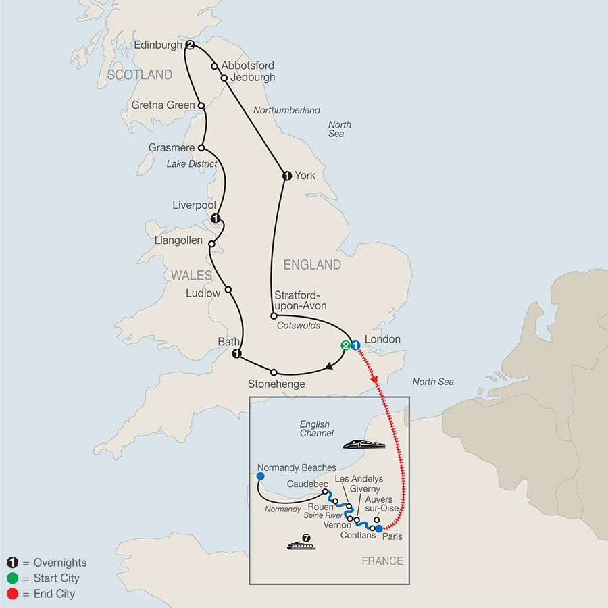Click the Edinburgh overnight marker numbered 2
[x=191, y=45]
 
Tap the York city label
[x=305, y=176]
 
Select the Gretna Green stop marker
[x=201, y=105]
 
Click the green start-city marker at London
[x=345, y=345]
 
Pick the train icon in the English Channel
[x=363, y=444]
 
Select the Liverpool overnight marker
[x=216, y=218]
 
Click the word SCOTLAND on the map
[x=139, y=75]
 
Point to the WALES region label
[x=191, y=276]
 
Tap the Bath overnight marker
[x=236, y=354]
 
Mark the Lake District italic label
[x=193, y=163]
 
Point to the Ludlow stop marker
[x=228, y=290]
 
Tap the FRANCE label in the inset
[x=382, y=561]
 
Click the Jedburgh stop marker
[x=224, y=78]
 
